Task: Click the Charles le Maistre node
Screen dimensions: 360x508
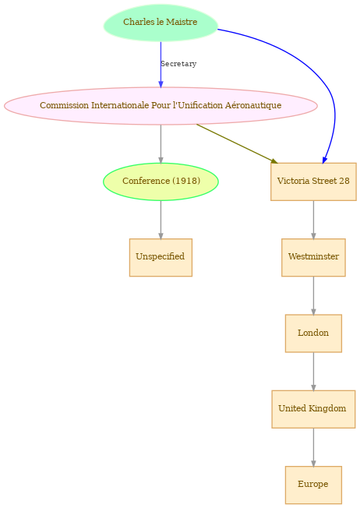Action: point(161,23)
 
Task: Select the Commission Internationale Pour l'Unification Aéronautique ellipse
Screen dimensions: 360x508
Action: point(161,106)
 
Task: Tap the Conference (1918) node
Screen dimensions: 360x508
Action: point(161,182)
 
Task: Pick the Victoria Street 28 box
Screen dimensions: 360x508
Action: point(313,182)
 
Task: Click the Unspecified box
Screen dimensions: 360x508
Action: point(161,257)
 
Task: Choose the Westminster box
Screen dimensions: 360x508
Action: point(313,257)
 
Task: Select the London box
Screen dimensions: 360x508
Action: point(313,333)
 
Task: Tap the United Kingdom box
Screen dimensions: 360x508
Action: point(313,409)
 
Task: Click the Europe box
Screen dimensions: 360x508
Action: point(313,485)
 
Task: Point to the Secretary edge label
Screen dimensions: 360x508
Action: point(178,64)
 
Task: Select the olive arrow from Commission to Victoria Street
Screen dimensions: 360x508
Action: point(237,143)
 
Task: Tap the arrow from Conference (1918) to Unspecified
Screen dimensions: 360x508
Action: point(161,220)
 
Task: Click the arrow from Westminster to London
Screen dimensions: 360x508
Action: point(313,295)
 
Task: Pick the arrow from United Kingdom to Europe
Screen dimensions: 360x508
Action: point(313,447)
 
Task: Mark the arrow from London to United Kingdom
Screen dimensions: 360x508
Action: point(313,372)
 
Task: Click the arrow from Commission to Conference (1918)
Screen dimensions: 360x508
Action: point(161,144)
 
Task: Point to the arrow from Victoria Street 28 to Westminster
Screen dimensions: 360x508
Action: point(313,220)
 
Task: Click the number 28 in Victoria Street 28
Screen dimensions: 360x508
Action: point(344,181)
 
